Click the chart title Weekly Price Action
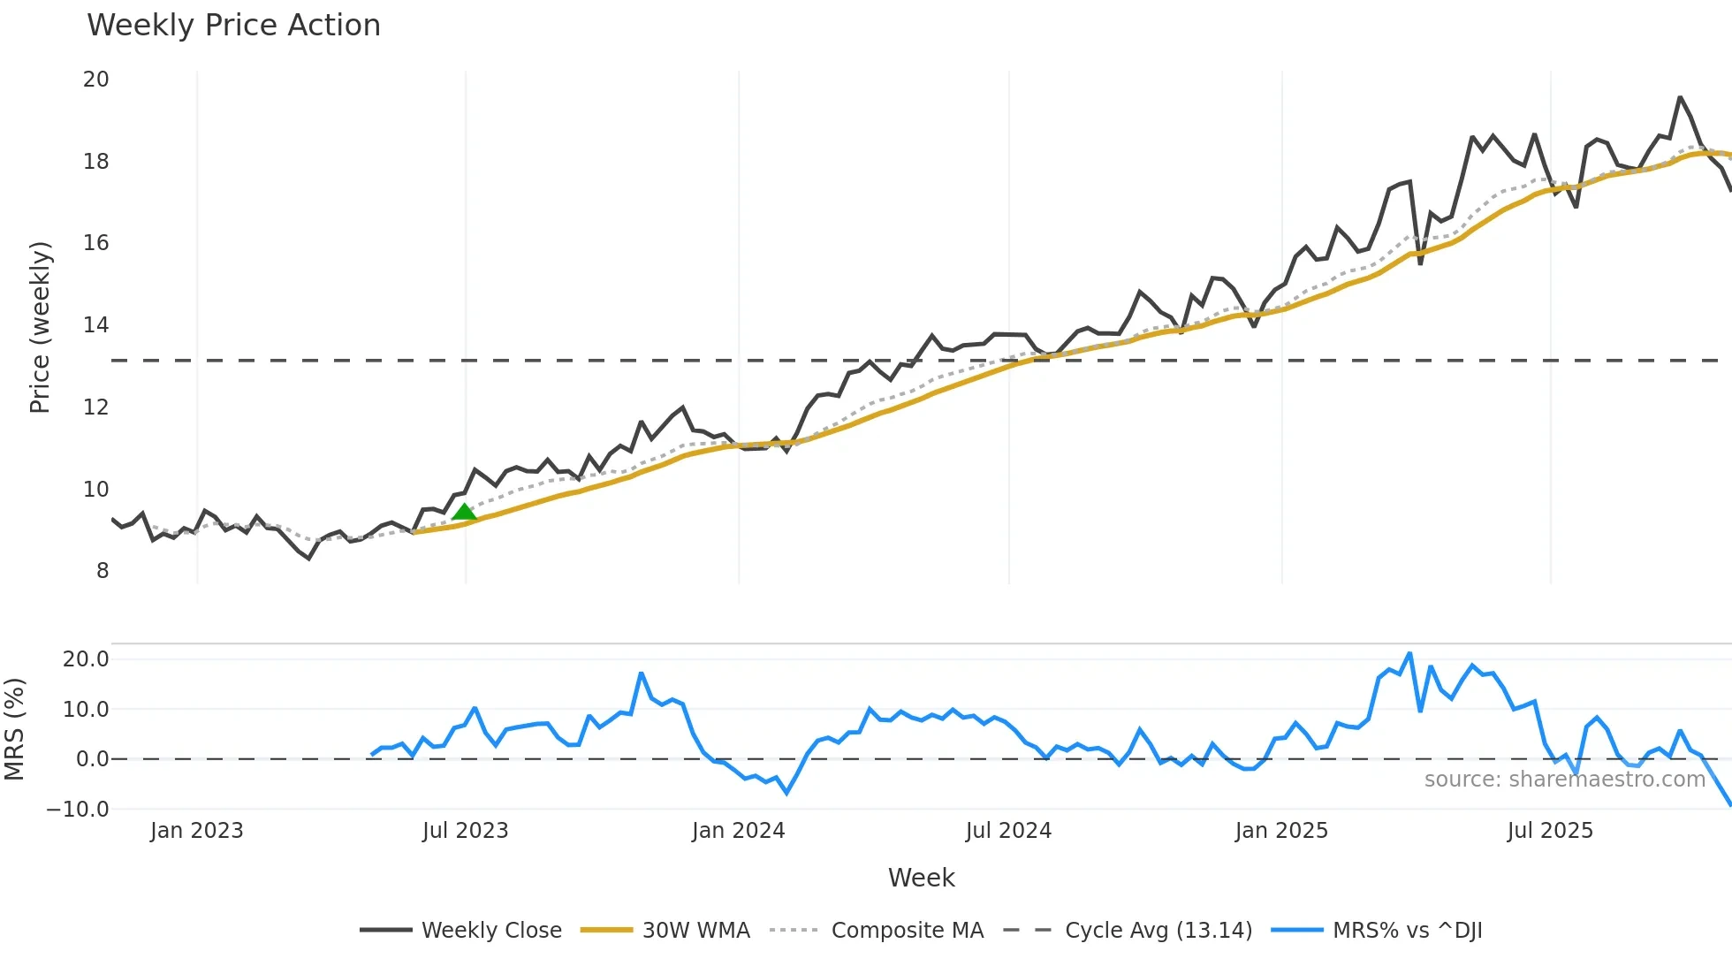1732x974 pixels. tap(233, 26)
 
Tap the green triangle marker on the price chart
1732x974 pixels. tap(464, 512)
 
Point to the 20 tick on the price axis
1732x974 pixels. tap(96, 80)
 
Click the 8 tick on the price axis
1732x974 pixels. tap(103, 571)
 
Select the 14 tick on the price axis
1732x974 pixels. tap(96, 325)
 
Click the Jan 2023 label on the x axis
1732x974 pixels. tap(196, 831)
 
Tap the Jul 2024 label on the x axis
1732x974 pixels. tap(1008, 831)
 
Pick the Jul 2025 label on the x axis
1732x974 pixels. tap(1550, 831)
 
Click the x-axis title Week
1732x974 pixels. tap(921, 878)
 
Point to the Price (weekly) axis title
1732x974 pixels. tap(41, 327)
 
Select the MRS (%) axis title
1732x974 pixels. tap(14, 729)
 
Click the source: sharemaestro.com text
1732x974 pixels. tap(1564, 779)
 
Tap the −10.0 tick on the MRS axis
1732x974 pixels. tap(78, 809)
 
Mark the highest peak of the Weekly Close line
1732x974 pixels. tap(1680, 97)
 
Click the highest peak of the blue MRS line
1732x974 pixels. tap(1409, 654)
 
